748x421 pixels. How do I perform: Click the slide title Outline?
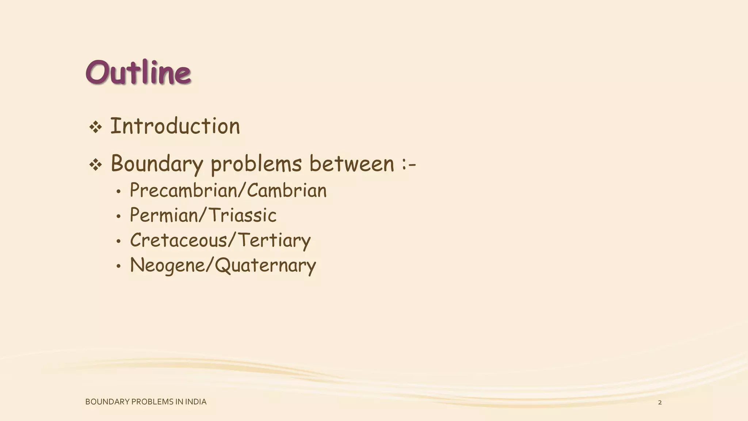(x=138, y=72)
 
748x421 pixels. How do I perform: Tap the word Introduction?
(x=175, y=126)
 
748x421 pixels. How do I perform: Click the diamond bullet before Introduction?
(x=95, y=128)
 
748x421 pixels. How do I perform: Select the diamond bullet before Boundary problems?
(x=95, y=165)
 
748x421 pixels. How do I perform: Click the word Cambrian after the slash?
(x=287, y=190)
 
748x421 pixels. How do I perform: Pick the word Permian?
(x=164, y=215)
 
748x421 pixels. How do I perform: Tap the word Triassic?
(x=243, y=215)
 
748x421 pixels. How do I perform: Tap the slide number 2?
(x=660, y=403)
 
